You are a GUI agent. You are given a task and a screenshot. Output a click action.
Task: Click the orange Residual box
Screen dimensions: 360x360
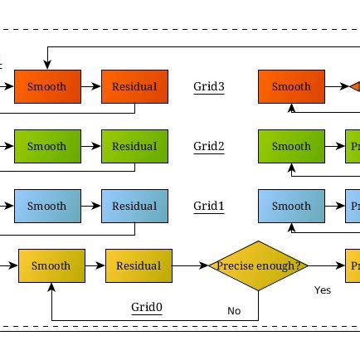click(x=134, y=86)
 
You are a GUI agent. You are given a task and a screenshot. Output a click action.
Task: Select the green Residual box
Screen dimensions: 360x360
click(x=134, y=146)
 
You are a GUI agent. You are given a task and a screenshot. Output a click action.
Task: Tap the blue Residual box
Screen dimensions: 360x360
click(x=134, y=206)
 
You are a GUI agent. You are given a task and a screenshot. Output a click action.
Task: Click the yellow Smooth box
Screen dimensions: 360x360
click(x=51, y=265)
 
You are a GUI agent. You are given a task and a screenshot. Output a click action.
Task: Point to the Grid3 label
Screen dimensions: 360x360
click(x=209, y=86)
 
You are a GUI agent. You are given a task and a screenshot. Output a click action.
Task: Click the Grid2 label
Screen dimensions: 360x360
click(x=209, y=146)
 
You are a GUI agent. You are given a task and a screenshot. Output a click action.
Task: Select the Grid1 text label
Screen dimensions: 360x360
click(x=209, y=206)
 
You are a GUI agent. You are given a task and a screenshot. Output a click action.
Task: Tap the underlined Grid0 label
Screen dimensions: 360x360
click(x=147, y=308)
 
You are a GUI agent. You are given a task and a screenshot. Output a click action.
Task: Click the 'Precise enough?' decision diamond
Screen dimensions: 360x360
click(x=259, y=265)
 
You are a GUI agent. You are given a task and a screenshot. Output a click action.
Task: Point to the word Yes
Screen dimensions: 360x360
click(x=323, y=290)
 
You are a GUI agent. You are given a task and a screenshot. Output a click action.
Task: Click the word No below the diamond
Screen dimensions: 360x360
click(x=234, y=311)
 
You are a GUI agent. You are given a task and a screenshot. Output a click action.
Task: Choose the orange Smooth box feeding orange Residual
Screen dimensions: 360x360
click(x=47, y=86)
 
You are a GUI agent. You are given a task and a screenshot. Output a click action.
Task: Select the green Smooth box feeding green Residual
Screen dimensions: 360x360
click(x=47, y=146)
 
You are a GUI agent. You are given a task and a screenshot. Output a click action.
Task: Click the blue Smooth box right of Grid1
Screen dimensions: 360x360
click(x=291, y=206)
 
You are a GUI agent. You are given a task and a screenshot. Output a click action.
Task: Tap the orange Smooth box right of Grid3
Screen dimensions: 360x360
click(x=291, y=86)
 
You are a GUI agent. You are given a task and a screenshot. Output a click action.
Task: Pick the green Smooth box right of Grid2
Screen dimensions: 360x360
click(x=291, y=146)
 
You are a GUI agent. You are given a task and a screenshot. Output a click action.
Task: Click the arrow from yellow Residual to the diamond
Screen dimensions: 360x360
click(x=190, y=265)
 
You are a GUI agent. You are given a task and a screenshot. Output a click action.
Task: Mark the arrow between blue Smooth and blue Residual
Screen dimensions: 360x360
click(x=91, y=206)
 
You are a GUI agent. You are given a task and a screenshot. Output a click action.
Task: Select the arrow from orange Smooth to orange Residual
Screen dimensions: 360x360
click(x=91, y=86)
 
